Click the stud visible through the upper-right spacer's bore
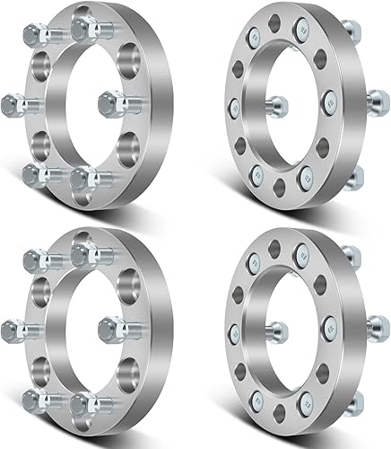274,103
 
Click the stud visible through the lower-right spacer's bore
274,328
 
